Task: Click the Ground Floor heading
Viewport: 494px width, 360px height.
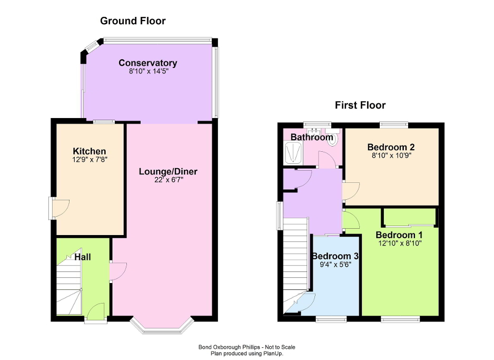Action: (x=133, y=21)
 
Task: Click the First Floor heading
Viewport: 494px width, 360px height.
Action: (x=360, y=105)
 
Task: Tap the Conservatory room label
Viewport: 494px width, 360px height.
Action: (x=147, y=63)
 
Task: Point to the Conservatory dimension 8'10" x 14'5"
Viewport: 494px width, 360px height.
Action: (x=147, y=72)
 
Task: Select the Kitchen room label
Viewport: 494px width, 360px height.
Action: (x=90, y=151)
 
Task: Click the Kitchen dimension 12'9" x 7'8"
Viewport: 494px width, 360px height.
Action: (x=90, y=159)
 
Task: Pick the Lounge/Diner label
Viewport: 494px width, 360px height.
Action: (x=168, y=172)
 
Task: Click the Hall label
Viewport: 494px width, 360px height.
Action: (x=82, y=257)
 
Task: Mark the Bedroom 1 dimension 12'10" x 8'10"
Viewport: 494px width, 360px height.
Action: (x=399, y=243)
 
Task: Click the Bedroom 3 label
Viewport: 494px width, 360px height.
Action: (x=335, y=256)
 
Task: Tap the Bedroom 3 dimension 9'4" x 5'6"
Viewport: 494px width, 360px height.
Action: (x=335, y=265)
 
